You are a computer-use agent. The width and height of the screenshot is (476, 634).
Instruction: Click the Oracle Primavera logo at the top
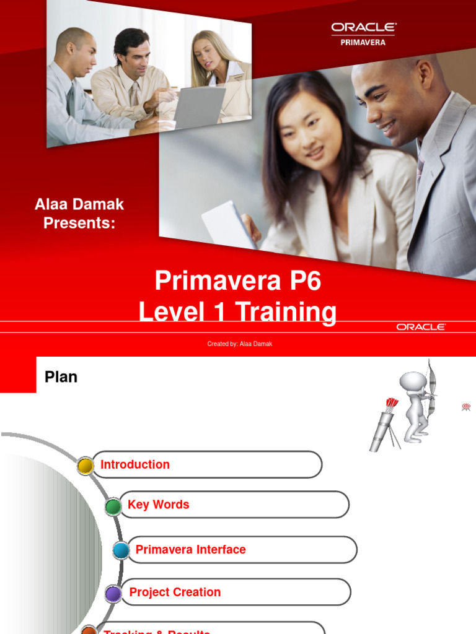[363, 33]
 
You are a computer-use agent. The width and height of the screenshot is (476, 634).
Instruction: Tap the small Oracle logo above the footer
[421, 327]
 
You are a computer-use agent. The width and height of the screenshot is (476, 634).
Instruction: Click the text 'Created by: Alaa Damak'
[239, 344]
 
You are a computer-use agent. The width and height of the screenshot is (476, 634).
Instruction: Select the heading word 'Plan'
[61, 376]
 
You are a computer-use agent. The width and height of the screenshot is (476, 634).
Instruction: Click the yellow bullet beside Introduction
[86, 466]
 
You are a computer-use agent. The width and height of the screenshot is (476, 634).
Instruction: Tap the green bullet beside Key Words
[113, 507]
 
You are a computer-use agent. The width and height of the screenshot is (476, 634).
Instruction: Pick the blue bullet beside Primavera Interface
[121, 550]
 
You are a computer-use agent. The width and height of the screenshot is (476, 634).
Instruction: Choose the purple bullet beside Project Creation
[113, 594]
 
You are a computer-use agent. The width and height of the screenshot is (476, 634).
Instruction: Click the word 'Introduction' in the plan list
[135, 464]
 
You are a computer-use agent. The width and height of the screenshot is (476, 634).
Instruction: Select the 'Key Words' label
[158, 505]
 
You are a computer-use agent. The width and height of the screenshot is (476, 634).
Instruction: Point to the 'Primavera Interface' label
[190, 549]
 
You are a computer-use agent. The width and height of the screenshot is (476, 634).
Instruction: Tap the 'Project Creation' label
[175, 592]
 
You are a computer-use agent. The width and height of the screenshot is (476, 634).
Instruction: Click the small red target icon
[466, 407]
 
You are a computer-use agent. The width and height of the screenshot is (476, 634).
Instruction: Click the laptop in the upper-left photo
[198, 105]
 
